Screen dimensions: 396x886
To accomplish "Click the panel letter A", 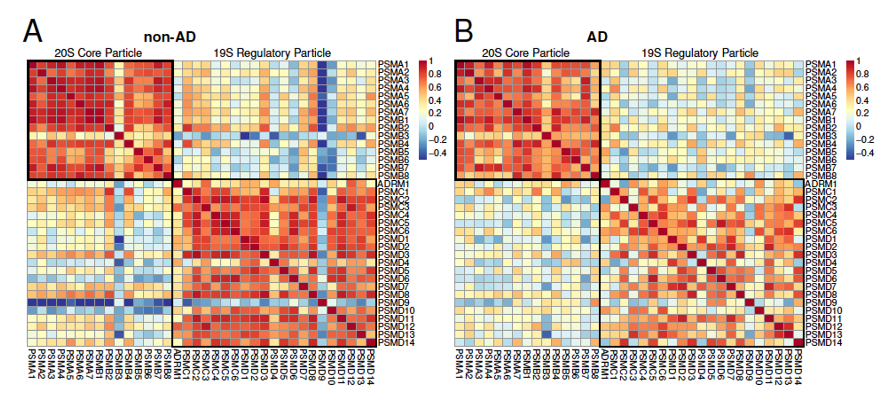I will point(32,31).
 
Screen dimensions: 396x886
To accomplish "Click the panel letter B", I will point(464,31).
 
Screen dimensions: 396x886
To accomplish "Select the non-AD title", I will point(170,37).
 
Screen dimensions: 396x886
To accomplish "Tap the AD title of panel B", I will point(597,37).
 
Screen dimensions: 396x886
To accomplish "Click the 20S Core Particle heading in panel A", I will point(98,53).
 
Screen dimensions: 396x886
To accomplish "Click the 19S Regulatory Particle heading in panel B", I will point(700,53).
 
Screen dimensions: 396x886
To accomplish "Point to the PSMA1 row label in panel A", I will point(393,64).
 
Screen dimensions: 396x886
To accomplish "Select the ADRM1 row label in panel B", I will point(821,184).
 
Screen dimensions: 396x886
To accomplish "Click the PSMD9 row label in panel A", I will point(393,303).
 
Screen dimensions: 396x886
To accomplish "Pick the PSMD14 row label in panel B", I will point(823,343).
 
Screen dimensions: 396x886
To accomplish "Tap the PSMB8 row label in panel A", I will point(393,176).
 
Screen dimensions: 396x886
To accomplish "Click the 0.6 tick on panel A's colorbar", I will point(435,87).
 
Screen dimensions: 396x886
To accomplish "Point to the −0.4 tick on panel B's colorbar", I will point(865,153).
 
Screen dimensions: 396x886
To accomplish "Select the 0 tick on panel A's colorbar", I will point(430,126).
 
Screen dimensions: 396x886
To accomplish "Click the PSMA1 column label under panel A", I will point(32,364).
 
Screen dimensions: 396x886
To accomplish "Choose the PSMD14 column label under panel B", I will point(799,367).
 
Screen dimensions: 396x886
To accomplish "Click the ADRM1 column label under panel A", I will point(177,364).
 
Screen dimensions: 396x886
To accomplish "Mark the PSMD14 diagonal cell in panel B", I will point(799,342).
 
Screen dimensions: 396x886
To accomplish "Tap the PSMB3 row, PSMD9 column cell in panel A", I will point(322,136).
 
